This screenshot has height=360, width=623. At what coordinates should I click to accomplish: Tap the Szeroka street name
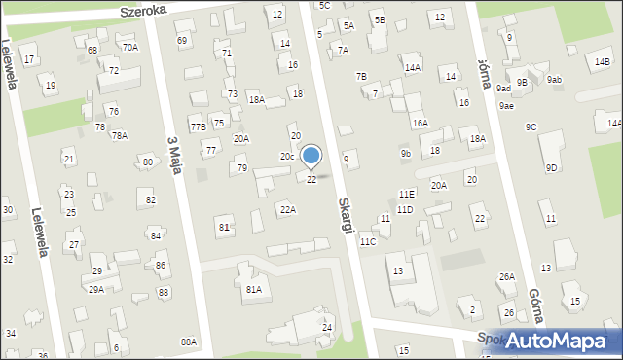pos(144,9)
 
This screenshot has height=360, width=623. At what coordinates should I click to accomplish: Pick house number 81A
pos(254,289)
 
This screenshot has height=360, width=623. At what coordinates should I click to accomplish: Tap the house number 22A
pos(287,209)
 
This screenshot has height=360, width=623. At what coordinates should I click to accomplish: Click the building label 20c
pos(287,157)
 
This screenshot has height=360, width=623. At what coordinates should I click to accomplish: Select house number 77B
pos(198,127)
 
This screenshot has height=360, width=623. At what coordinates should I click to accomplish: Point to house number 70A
pos(129,47)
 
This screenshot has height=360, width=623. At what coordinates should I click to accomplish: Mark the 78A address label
pos(119,136)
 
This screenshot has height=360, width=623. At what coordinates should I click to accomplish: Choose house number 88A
pos(188,342)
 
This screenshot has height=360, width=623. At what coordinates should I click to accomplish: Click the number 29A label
pos(96,289)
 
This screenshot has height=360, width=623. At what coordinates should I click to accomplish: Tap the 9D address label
pos(551,168)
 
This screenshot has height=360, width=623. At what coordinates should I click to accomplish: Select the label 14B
pos(603,62)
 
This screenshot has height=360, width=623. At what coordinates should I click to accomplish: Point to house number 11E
pos(406,195)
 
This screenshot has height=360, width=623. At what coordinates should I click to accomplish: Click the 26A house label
pos(507,277)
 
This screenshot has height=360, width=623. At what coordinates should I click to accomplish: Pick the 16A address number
pos(420,124)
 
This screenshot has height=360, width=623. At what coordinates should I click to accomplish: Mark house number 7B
pos(361,76)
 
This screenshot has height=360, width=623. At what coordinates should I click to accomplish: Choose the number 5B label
pos(379,19)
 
